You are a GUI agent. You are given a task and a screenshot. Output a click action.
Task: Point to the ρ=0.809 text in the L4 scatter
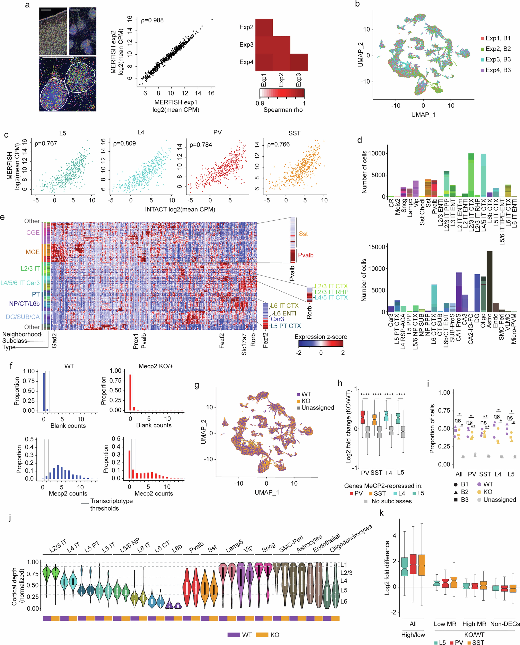[124, 143]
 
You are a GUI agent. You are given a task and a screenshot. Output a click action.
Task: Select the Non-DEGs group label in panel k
[505, 624]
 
